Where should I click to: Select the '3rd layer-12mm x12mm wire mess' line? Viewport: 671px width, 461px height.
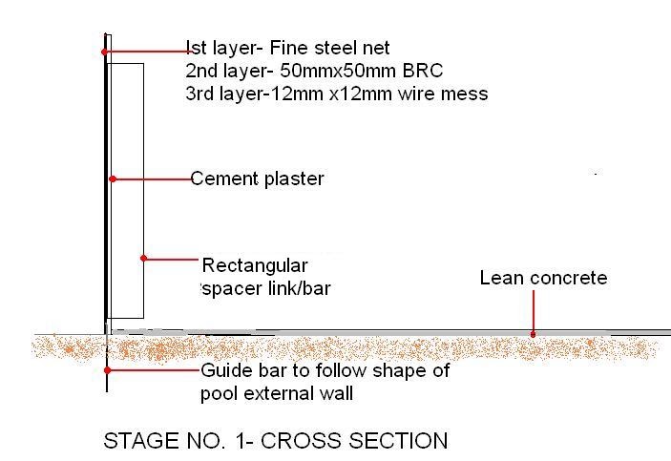[x=337, y=94]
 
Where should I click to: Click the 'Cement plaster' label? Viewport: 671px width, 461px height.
[x=258, y=178]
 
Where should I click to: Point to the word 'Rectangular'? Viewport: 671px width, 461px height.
[x=255, y=265]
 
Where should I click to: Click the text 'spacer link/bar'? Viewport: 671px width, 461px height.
[x=259, y=286]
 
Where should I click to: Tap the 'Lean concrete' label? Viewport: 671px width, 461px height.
[x=543, y=278]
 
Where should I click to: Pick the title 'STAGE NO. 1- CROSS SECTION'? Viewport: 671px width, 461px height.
[x=275, y=441]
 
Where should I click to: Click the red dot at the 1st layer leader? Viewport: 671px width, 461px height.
[x=104, y=50]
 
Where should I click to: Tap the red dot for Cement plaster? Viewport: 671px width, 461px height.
[x=113, y=178]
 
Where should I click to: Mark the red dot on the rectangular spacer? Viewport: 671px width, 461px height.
[x=143, y=258]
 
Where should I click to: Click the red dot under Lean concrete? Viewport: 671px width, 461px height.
[x=534, y=333]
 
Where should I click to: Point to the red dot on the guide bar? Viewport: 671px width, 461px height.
[x=107, y=370]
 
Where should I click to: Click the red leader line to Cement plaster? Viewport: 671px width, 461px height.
[x=153, y=178]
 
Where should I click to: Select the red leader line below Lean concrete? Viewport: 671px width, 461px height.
[x=534, y=310]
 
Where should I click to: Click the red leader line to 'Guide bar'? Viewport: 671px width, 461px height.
[x=153, y=370]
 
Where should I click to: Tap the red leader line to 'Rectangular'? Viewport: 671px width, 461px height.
[x=172, y=258]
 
